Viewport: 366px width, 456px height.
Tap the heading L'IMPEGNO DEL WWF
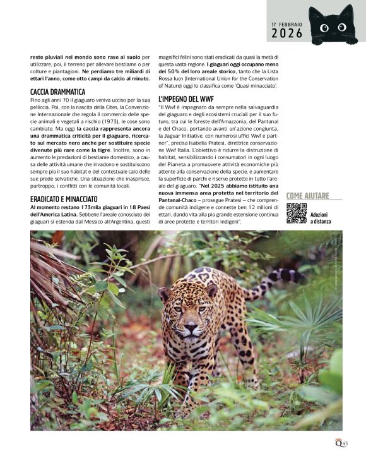(x=186, y=99)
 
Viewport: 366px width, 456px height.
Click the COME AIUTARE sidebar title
(x=310, y=196)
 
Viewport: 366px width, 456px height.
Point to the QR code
(x=296, y=213)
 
